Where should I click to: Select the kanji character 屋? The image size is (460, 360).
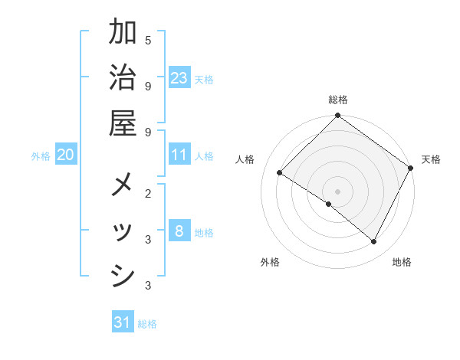(123, 123)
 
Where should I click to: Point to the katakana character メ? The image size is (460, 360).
(123, 186)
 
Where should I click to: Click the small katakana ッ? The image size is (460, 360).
(123, 232)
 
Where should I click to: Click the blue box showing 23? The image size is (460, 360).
(179, 78)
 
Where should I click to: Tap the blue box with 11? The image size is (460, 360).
(179, 155)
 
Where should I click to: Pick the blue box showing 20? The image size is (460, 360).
(66, 155)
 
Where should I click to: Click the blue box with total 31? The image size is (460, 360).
(123, 322)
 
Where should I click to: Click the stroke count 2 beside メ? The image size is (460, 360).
(148, 193)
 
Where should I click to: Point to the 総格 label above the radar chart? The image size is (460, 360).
(338, 100)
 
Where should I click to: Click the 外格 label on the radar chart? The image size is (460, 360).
(270, 262)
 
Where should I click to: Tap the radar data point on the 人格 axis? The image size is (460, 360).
(279, 173)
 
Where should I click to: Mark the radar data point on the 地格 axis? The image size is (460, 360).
(374, 242)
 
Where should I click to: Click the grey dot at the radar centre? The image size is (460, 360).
(338, 191)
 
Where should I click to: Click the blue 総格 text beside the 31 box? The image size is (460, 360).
(147, 324)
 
